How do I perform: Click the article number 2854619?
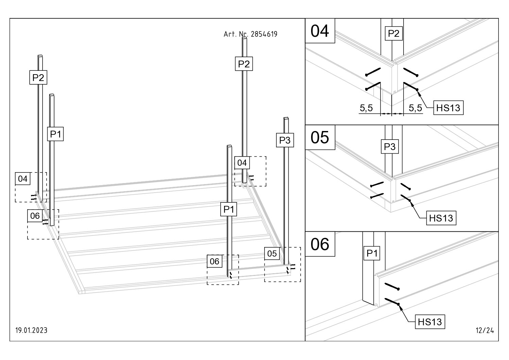click(264, 34)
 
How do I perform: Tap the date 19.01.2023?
click(31, 330)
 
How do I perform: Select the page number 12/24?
click(485, 330)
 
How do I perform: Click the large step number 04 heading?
click(320, 31)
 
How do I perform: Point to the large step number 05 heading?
click(320, 137)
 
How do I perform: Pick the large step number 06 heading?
click(320, 244)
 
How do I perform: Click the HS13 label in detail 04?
click(448, 108)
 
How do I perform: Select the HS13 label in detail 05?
click(441, 218)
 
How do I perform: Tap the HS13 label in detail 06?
click(430, 322)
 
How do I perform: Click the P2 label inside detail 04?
click(393, 33)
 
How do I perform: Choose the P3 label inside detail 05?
click(390, 147)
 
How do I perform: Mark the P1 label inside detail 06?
click(372, 253)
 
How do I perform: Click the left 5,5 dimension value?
click(366, 108)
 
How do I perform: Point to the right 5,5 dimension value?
click(415, 108)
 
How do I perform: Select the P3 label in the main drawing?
click(285, 140)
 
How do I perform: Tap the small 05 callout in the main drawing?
click(272, 253)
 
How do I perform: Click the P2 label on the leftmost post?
click(38, 78)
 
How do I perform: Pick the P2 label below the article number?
click(244, 64)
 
